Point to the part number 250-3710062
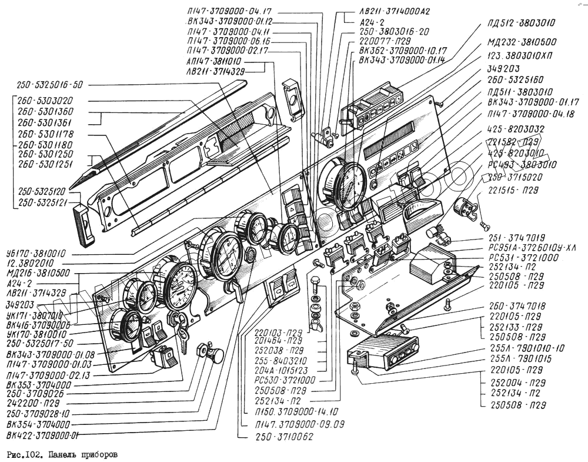281,437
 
